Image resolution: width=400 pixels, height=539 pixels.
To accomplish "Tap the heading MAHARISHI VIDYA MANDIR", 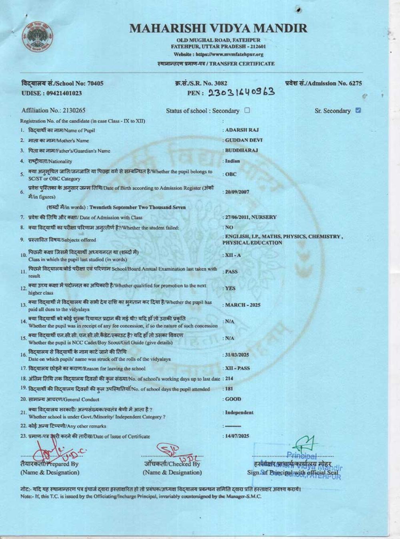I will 218,28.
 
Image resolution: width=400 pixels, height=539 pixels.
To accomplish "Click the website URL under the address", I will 218,54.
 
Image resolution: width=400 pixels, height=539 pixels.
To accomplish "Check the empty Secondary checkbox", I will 247,111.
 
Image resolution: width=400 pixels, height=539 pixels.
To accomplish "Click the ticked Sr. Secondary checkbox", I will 358,111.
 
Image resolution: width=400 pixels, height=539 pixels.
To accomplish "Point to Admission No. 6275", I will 324,83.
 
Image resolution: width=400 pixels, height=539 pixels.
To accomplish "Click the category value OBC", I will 231,174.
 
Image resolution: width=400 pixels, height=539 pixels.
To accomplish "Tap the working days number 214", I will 229,378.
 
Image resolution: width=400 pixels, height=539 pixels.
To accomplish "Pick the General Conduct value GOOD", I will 233,399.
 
